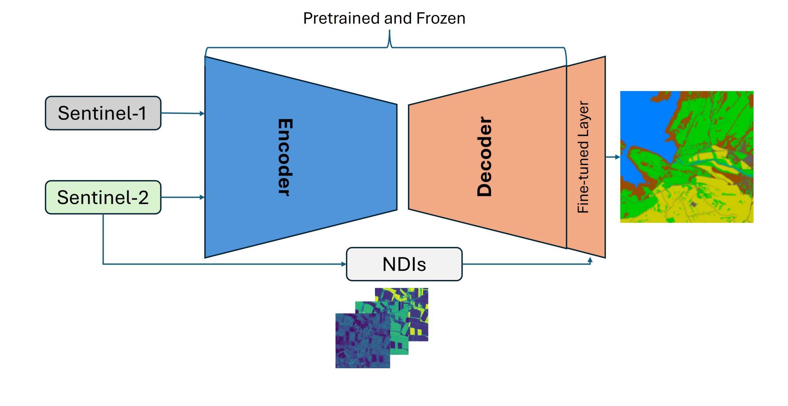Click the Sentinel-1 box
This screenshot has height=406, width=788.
tap(103, 113)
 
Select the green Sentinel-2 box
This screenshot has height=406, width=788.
tap(103, 197)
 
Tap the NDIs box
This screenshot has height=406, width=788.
tap(404, 264)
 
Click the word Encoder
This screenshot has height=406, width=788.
tap(285, 157)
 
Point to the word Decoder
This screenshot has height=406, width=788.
tap(484, 157)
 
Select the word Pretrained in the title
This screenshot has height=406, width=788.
tap(336, 18)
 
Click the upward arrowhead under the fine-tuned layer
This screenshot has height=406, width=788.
tap(590, 260)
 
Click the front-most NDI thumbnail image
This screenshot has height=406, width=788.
tap(363, 341)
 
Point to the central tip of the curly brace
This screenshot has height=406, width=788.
tap(389, 32)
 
